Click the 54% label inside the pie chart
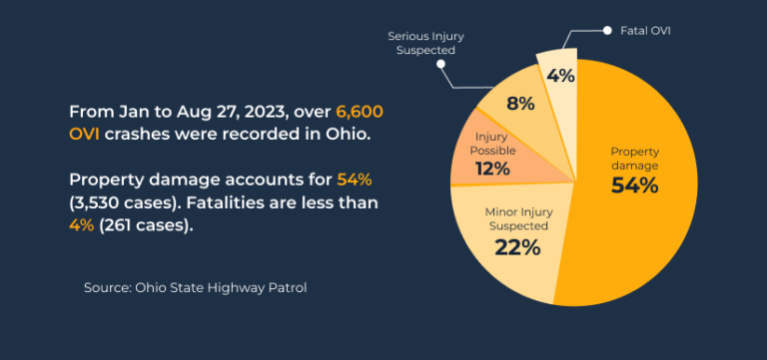[634, 185]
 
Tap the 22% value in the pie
[517, 246]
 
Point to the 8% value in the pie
[520, 103]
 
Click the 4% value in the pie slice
[560, 76]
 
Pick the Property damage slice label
[635, 158]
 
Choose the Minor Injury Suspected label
[519, 219]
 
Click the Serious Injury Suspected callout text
[425, 42]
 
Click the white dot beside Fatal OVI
[606, 31]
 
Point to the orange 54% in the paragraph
[354, 180]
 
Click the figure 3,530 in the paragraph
[103, 202]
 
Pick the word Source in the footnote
[109, 287]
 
